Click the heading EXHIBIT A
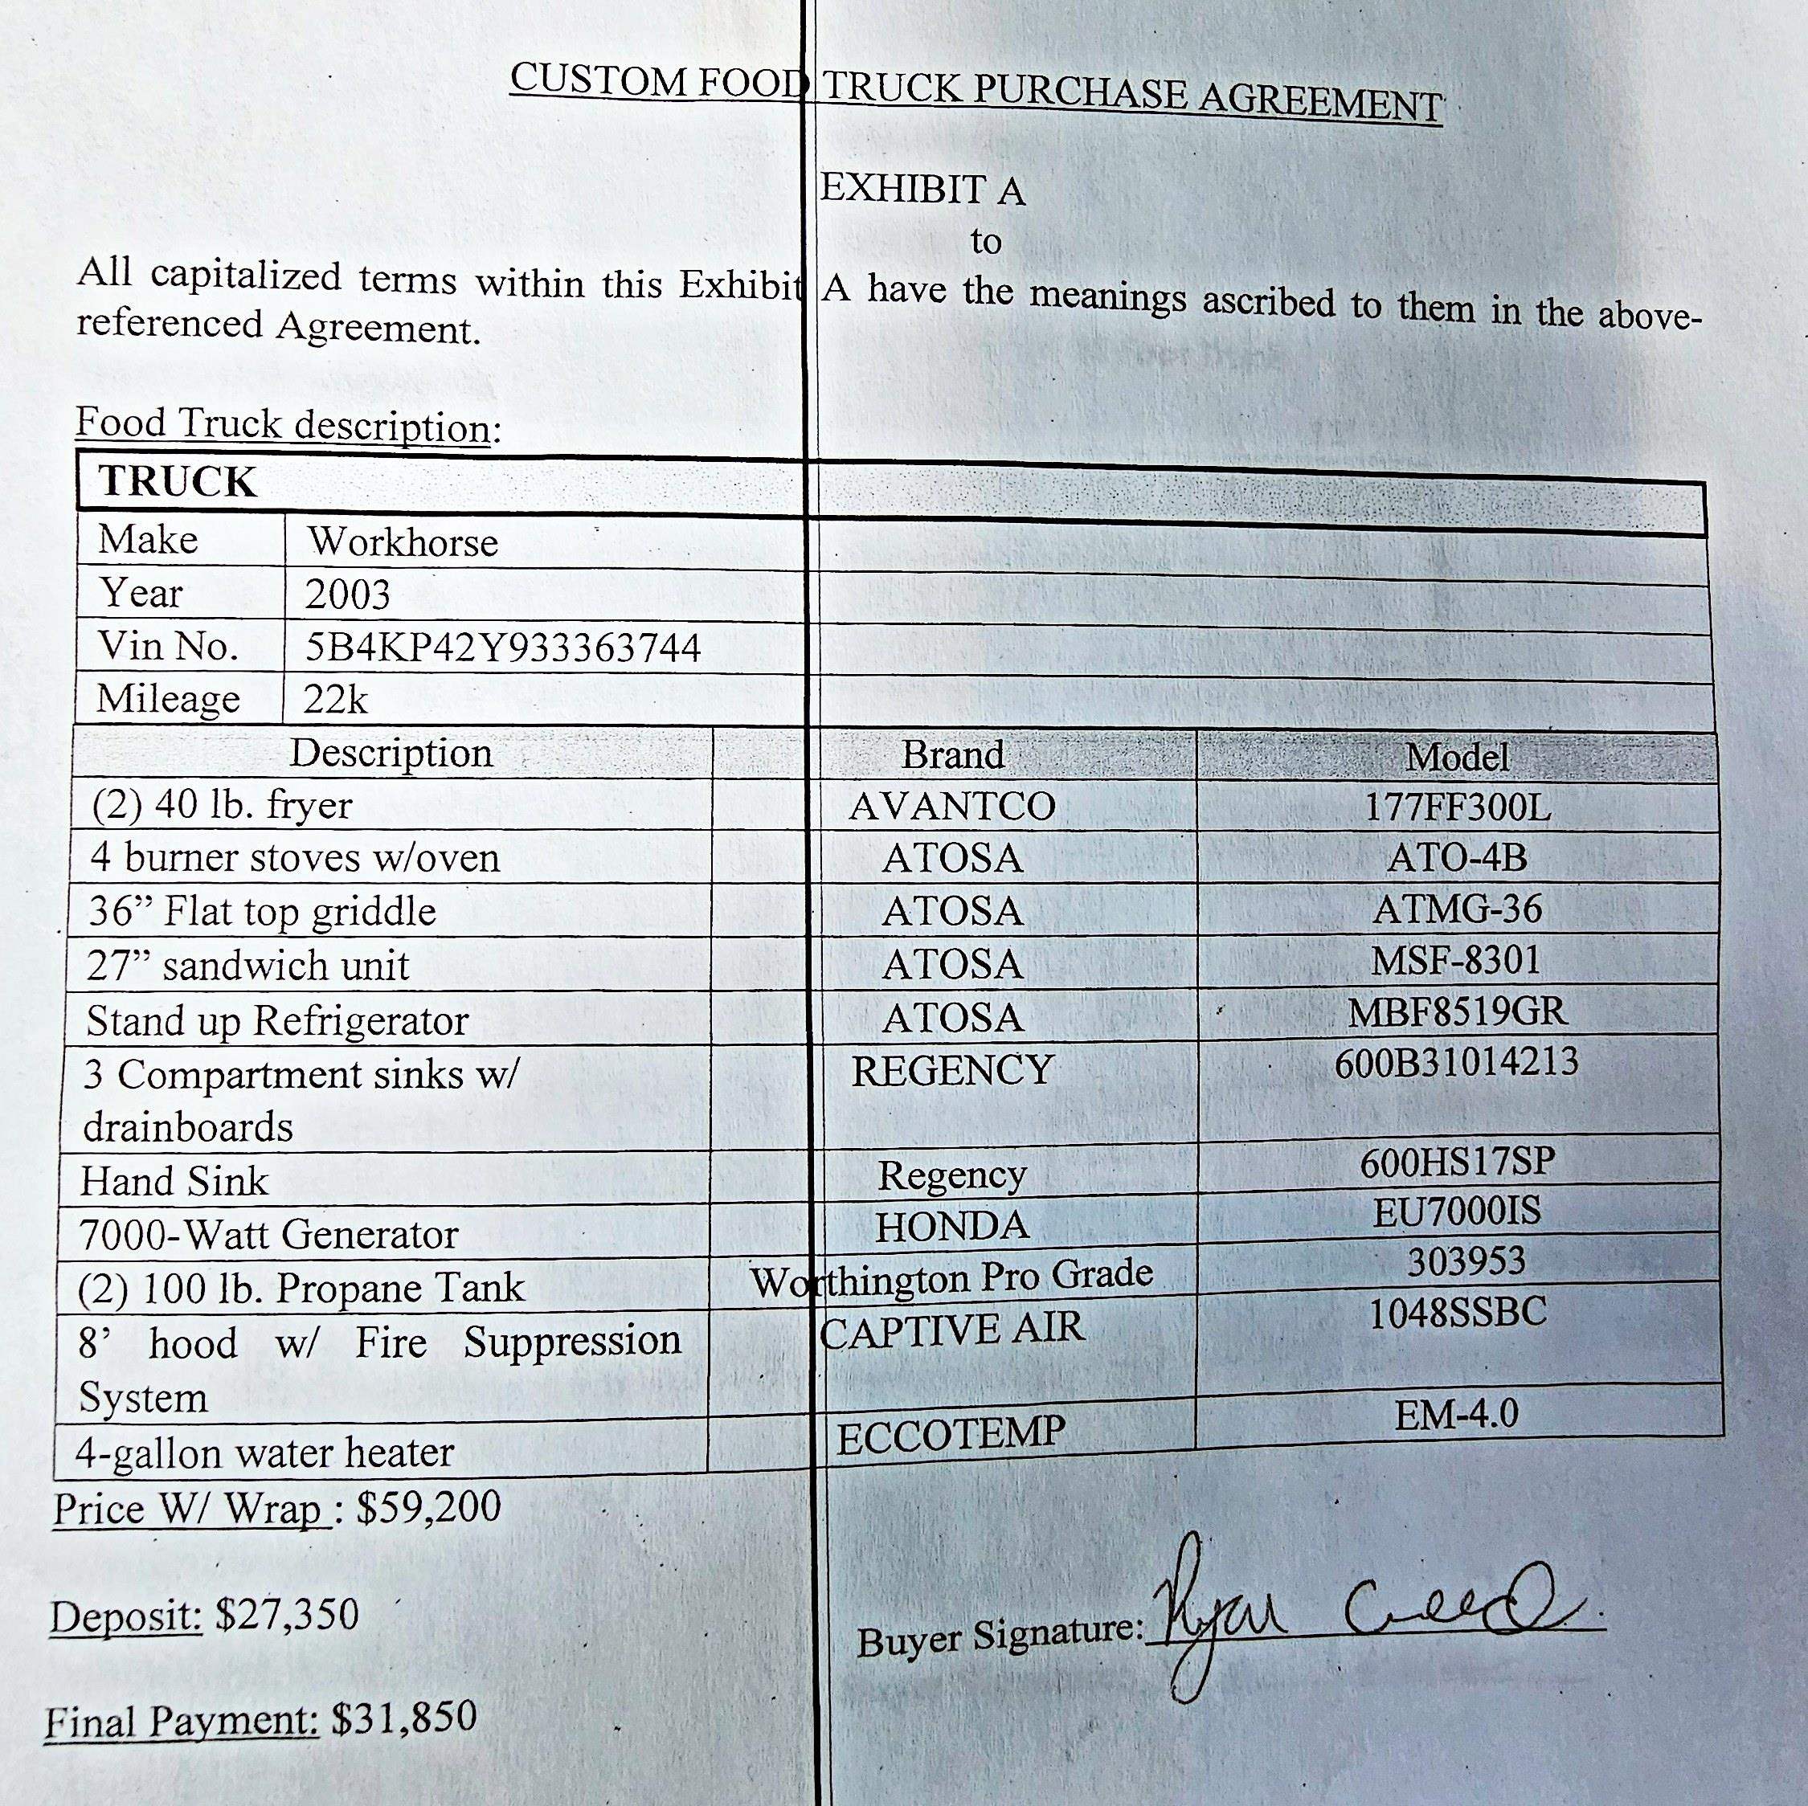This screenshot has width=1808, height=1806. pos(922,190)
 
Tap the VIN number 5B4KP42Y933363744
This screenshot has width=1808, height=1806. pos(502,648)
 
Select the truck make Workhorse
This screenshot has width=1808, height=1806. pos(403,541)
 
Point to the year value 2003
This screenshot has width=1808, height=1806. pos(347,595)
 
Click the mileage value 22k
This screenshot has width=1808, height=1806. pos(335,700)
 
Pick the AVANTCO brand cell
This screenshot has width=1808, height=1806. pos(951,807)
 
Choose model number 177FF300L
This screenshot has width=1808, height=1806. pos(1457,807)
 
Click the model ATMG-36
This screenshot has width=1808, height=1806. pos(1457,909)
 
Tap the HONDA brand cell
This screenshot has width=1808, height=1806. pos(951,1227)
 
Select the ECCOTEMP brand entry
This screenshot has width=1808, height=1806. pos(951,1436)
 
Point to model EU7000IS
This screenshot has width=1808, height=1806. pos(1457,1211)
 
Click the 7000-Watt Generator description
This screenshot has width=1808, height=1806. pos(268,1234)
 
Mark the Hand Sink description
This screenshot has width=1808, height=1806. pos(175,1181)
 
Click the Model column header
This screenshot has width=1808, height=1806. pos(1457,757)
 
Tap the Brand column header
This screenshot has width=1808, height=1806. pos(951,754)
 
